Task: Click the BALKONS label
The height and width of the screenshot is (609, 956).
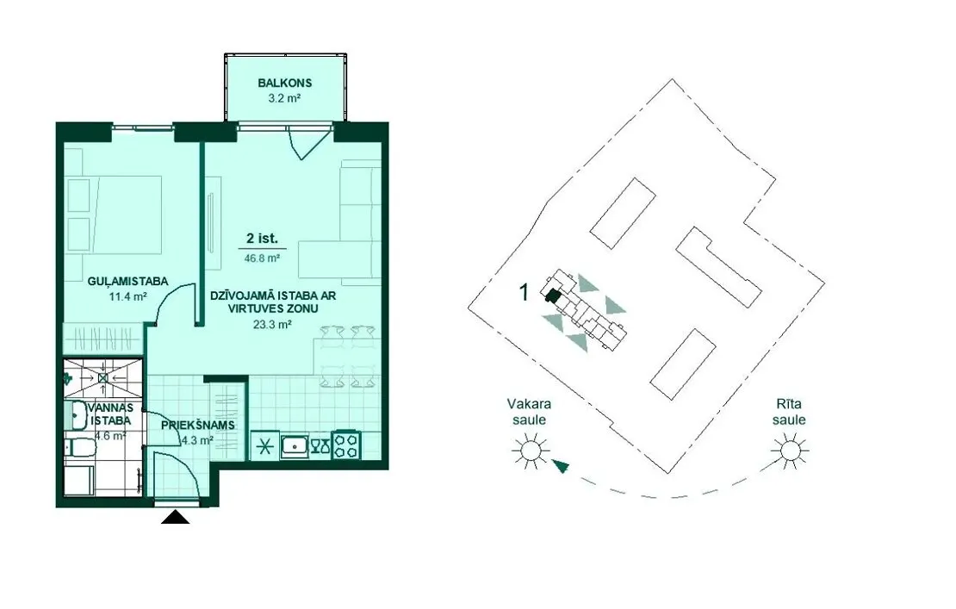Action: pyautogui.click(x=285, y=83)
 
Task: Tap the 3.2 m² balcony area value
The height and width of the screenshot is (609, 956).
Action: pyautogui.click(x=285, y=97)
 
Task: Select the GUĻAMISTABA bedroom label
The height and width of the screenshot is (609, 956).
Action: pyautogui.click(x=127, y=282)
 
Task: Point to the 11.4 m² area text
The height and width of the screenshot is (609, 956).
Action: pyautogui.click(x=128, y=297)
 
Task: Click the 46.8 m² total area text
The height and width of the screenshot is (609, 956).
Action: pyautogui.click(x=262, y=258)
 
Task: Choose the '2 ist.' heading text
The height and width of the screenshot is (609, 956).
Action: pyautogui.click(x=262, y=239)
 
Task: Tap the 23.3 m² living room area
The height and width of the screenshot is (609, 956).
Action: pyautogui.click(x=272, y=325)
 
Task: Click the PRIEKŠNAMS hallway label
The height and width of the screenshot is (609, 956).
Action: pyautogui.click(x=198, y=425)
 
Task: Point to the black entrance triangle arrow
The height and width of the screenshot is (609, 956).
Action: pyautogui.click(x=175, y=517)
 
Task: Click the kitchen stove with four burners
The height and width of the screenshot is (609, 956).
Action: pyautogui.click(x=346, y=445)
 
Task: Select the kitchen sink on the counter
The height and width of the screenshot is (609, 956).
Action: pyautogui.click(x=295, y=446)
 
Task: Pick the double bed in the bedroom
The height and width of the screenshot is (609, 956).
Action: pyautogui.click(x=115, y=214)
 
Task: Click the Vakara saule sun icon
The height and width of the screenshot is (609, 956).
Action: pyautogui.click(x=530, y=451)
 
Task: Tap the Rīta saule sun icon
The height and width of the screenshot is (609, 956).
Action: pyautogui.click(x=790, y=451)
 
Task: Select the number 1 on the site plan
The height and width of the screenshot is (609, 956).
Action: pyautogui.click(x=524, y=293)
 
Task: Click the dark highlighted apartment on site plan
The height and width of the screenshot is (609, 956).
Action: pyautogui.click(x=552, y=296)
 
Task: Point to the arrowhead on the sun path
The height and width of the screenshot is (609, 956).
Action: pyautogui.click(x=561, y=467)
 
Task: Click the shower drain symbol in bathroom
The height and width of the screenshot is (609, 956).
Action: pyautogui.click(x=103, y=378)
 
